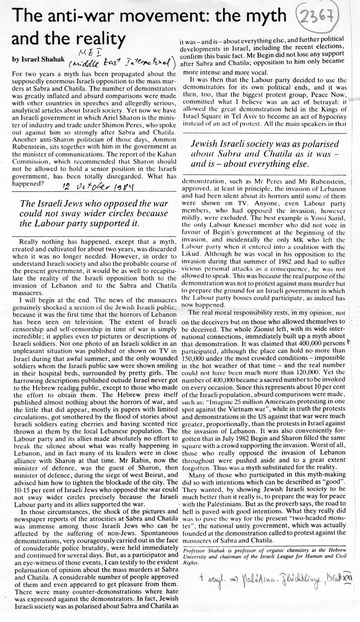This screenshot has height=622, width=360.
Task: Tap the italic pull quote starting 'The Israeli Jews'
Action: tap(94, 214)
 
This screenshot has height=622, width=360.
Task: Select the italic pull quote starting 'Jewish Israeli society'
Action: tap(265, 154)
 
